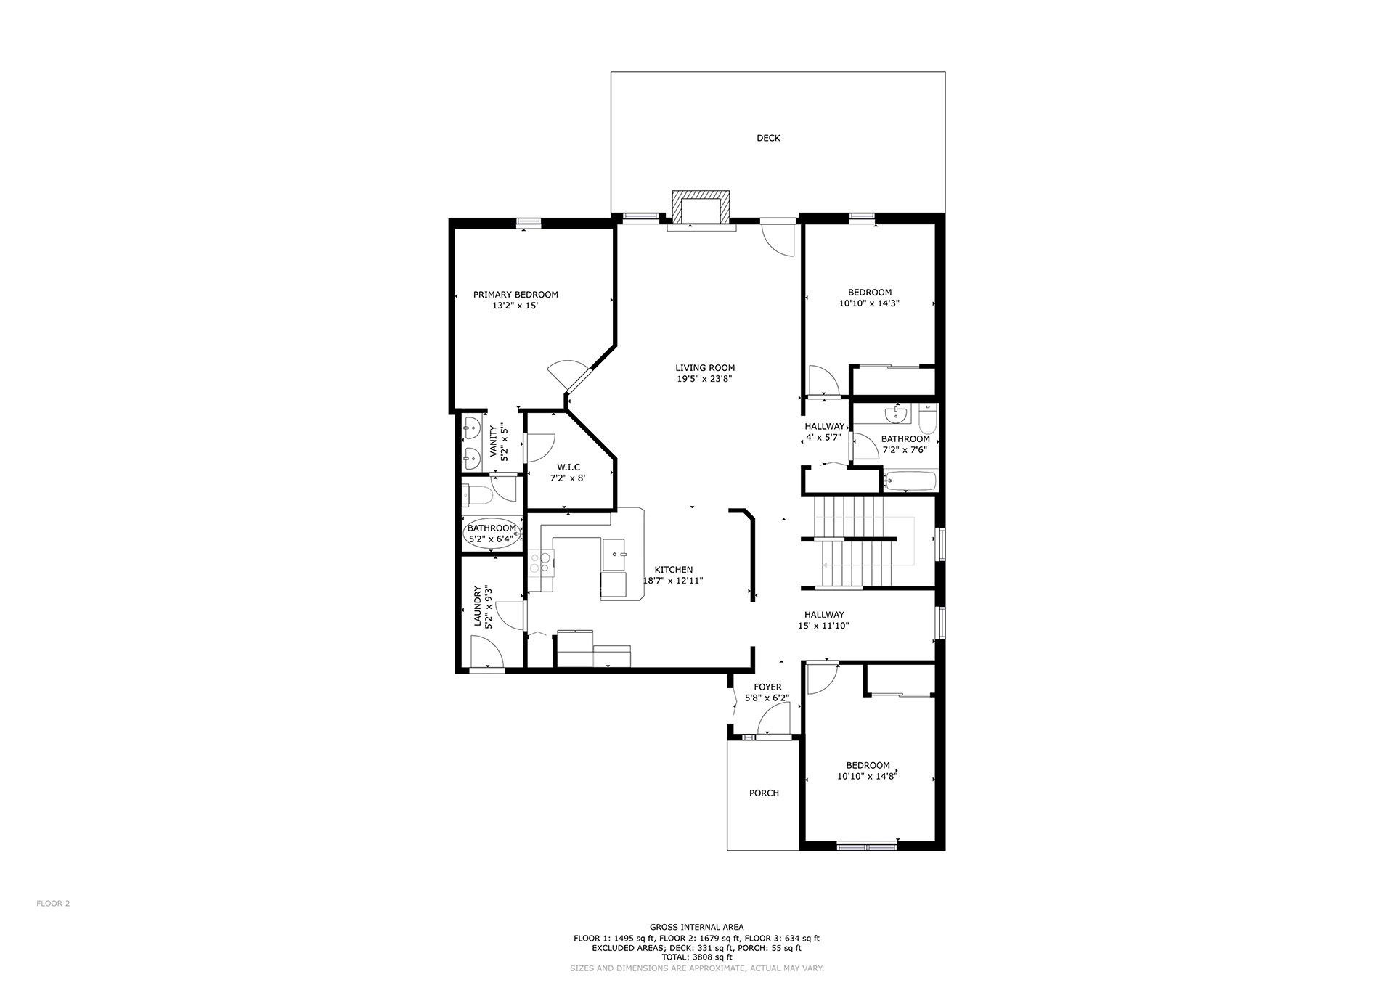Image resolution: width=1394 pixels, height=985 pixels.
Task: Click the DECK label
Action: point(768,138)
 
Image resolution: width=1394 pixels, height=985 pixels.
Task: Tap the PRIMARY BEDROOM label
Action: point(515,295)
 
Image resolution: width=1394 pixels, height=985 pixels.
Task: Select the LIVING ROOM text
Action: point(705,368)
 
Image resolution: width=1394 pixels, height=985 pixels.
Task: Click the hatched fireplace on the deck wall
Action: point(701,208)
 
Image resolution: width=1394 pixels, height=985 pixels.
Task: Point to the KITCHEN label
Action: point(674,570)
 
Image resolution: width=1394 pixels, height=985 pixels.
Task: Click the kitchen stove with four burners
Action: point(542,563)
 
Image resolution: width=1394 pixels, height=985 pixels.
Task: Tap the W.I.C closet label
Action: point(568,467)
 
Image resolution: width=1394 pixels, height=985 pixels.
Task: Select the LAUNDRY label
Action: point(478,607)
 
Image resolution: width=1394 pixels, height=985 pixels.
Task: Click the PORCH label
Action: point(764,793)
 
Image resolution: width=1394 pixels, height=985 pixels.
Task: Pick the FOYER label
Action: point(767,687)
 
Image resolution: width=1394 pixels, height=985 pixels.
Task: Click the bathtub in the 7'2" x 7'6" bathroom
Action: point(910,481)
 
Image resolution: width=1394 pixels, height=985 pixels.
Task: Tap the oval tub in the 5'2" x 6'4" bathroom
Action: point(492,534)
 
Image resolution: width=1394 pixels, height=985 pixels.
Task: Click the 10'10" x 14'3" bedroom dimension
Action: point(869,303)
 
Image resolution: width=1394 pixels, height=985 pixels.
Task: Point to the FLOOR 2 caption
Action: point(53,904)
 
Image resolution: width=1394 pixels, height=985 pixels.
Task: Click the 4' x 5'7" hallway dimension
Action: point(823,438)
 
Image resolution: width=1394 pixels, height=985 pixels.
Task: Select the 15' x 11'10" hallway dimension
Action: point(823,626)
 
